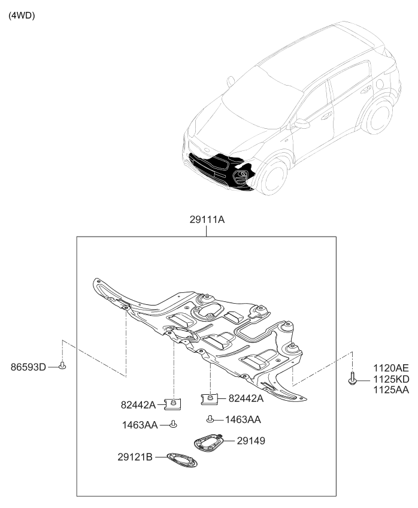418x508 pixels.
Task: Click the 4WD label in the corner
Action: pyautogui.click(x=22, y=15)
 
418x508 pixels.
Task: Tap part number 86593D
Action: pyautogui.click(x=28, y=367)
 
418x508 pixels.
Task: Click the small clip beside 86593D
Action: pyautogui.click(x=63, y=365)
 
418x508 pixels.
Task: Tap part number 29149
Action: pyautogui.click(x=250, y=441)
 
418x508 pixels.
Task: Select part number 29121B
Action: pyautogui.click(x=135, y=456)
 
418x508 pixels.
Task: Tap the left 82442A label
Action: pyautogui.click(x=138, y=406)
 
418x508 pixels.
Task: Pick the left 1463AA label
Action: pyautogui.click(x=141, y=425)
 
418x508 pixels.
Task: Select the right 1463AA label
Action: pyautogui.click(x=242, y=420)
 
